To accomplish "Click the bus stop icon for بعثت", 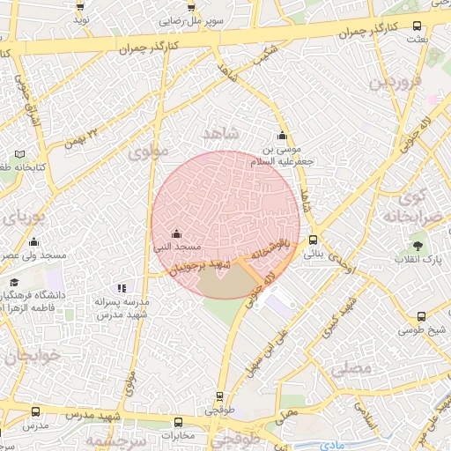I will tap(418, 26).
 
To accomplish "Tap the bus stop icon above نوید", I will tap(81, 7).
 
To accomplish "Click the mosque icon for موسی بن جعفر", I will tap(282, 136).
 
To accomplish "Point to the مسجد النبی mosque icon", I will tap(177, 233).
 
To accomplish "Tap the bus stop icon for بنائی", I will tap(313, 239).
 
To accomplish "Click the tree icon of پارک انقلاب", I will tap(418, 247).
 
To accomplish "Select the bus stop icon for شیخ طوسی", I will tap(421, 317).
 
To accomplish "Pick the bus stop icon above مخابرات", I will tap(179, 422).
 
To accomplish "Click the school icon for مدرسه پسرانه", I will tap(122, 287).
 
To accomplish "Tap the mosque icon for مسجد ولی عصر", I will tap(34, 241).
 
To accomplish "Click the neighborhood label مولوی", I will tap(146, 152).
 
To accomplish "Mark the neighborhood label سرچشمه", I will tap(113, 440).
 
